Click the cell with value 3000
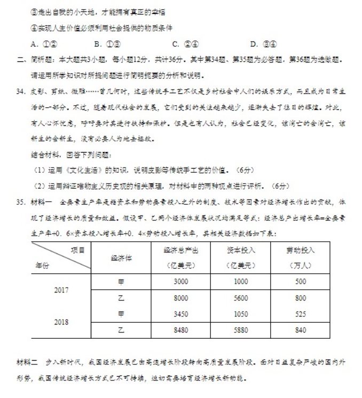point(181,281)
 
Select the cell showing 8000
point(181,298)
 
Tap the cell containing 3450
point(181,314)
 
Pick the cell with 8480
point(181,330)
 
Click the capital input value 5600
point(241,298)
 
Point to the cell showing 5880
point(241,330)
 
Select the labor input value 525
point(301,314)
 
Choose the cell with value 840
point(301,330)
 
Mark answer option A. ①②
point(44,44)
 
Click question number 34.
point(21,91)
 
